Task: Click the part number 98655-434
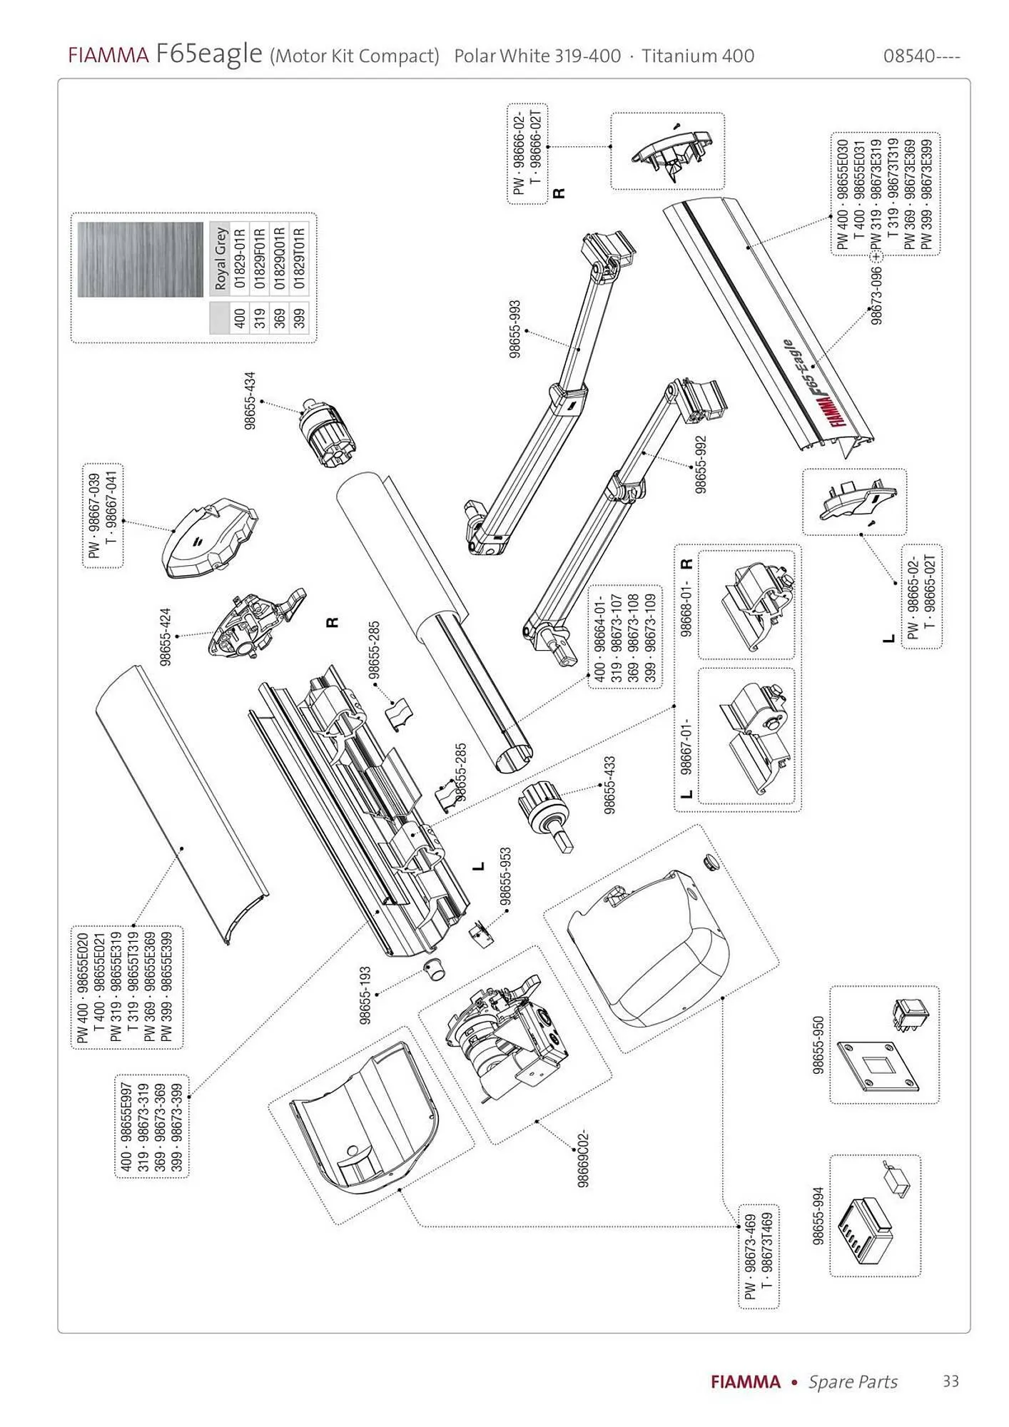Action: [249, 400]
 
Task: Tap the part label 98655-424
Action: [166, 636]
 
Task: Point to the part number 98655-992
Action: [701, 464]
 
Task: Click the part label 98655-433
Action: [609, 786]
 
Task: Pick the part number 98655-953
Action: [505, 877]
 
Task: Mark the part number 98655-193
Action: [365, 995]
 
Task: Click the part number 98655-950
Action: [818, 1045]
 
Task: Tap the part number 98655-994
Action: [818, 1216]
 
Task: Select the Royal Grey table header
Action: [220, 258]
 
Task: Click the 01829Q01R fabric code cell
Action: [280, 258]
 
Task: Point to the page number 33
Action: [950, 1381]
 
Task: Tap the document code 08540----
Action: [921, 56]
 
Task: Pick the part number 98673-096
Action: [877, 295]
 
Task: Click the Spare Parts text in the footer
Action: [853, 1382]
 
